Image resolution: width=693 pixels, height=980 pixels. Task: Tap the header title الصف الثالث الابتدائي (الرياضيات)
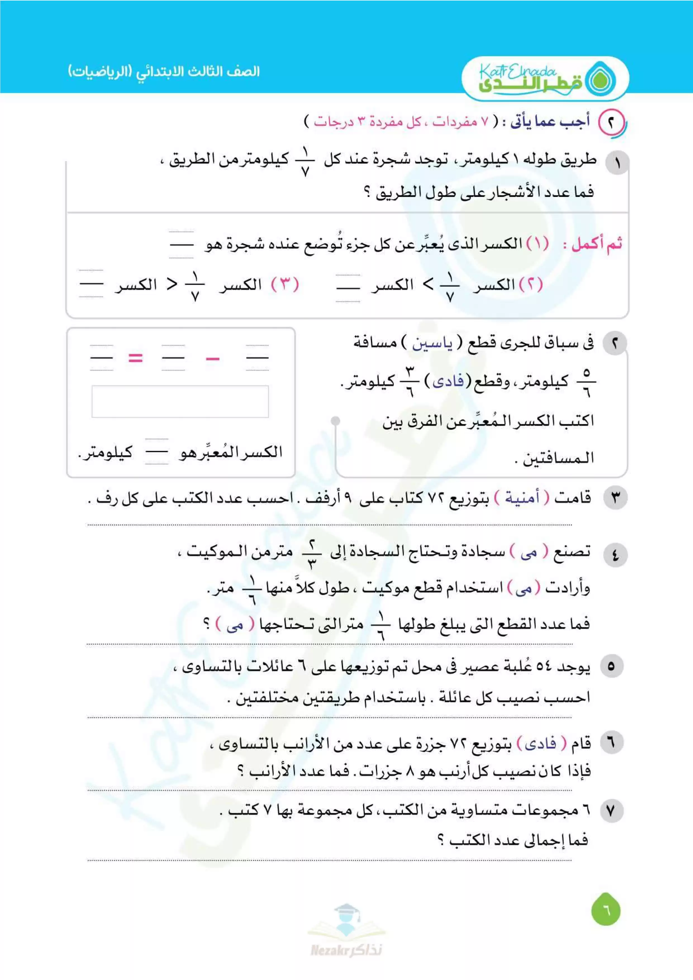click(164, 71)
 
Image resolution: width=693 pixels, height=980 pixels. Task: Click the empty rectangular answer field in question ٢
click(180, 401)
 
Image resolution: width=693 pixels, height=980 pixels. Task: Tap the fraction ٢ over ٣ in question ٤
click(312, 554)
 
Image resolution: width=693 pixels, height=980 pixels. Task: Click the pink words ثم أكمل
click(597, 244)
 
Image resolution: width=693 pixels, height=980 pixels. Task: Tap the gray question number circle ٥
click(611, 665)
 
